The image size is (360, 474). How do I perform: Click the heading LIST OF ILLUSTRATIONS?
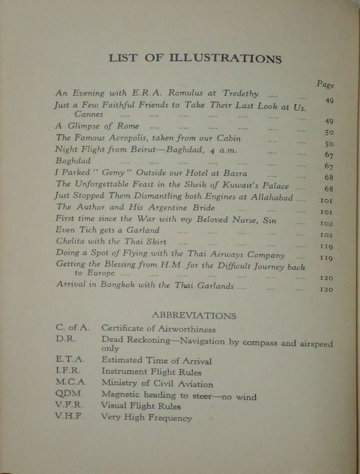(195, 58)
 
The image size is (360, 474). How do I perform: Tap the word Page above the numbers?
(325, 84)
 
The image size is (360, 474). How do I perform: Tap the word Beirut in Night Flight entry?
(156, 150)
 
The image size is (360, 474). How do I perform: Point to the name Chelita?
(73, 241)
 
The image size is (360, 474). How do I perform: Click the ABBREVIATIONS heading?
(194, 316)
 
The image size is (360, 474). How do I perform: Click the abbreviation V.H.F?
(69, 417)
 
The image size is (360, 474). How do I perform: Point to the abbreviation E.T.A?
(69, 360)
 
